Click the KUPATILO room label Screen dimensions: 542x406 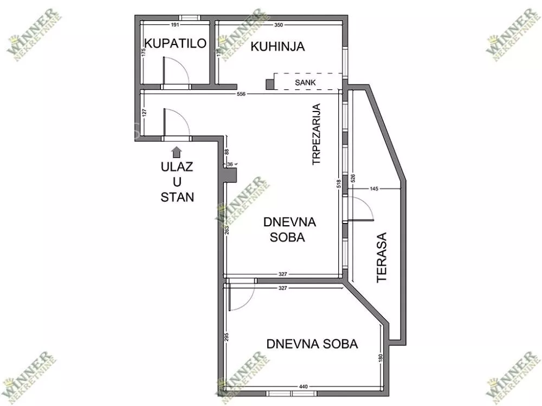(175, 43)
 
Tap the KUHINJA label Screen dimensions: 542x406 (278, 46)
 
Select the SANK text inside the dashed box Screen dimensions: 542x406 (305, 82)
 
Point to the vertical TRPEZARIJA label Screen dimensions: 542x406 (317, 134)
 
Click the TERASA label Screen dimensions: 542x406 (382, 258)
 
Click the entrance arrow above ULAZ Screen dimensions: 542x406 (177, 152)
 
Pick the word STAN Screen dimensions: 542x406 (177, 197)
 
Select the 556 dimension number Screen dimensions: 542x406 (241, 94)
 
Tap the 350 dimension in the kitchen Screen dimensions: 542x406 (279, 25)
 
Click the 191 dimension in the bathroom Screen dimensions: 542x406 (175, 25)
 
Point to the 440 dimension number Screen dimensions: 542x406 (303, 387)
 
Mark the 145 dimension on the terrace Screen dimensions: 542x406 (374, 188)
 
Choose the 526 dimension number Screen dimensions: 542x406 (353, 178)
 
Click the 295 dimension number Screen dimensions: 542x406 (227, 337)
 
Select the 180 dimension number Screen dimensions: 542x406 (381, 358)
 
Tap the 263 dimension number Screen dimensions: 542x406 (227, 230)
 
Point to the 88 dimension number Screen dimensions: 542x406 (227, 152)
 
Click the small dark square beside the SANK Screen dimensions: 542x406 (269, 84)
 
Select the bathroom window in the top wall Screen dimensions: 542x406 (189, 18)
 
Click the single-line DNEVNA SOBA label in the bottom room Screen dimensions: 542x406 (312, 344)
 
